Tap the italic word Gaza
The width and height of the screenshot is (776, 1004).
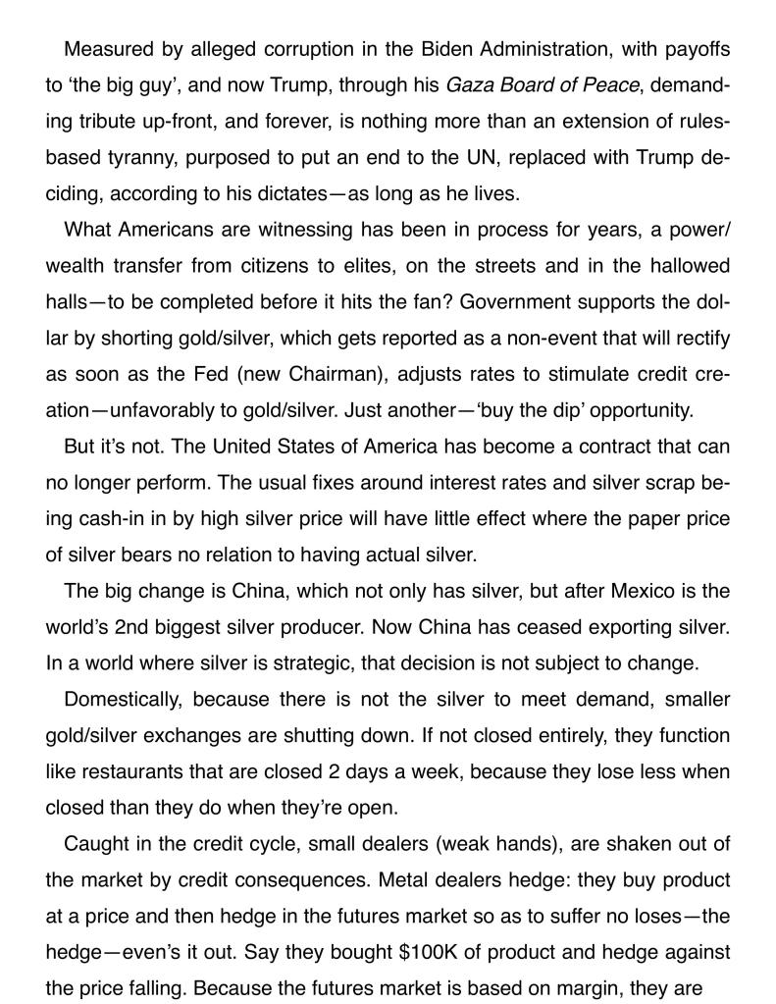(x=469, y=84)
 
